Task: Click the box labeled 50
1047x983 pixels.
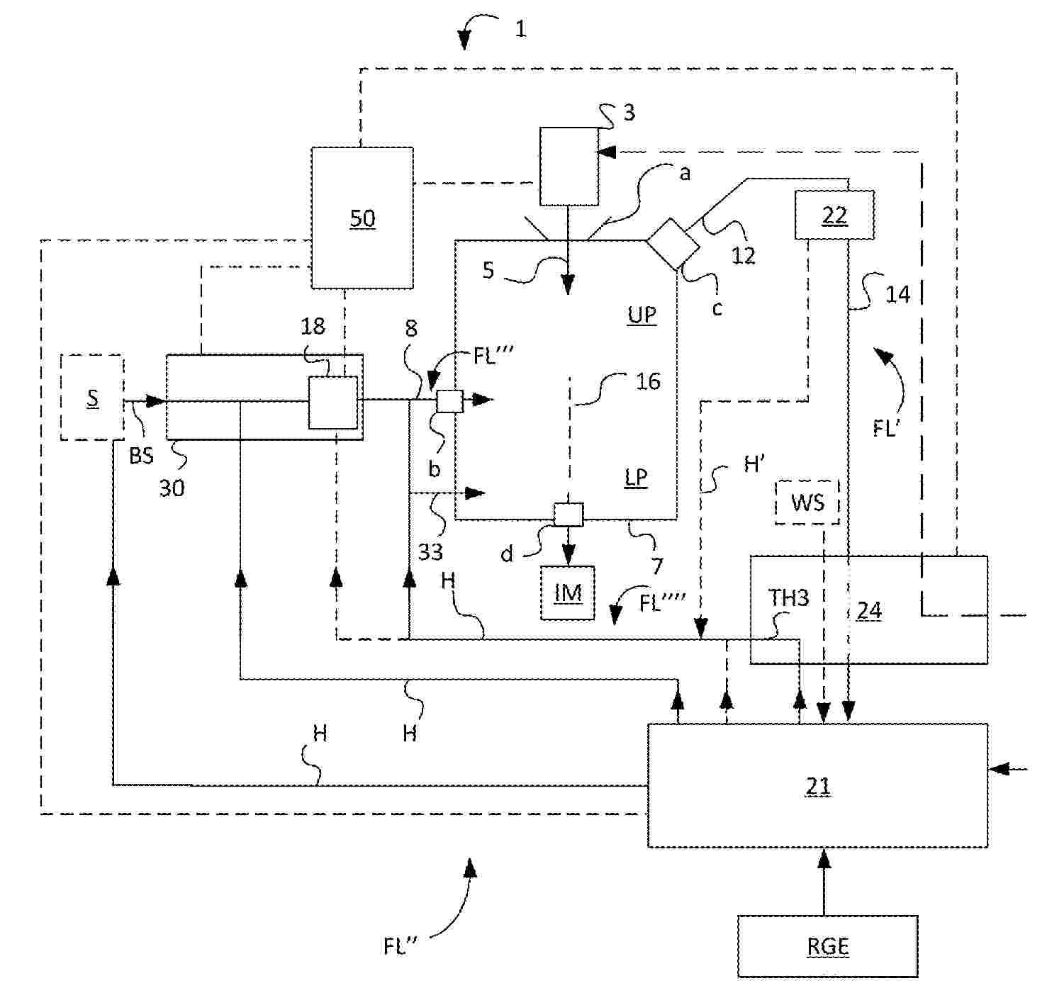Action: (x=362, y=218)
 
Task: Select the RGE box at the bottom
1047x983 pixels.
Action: (x=827, y=946)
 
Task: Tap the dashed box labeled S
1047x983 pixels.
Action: (x=93, y=398)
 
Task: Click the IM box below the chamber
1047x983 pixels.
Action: (x=568, y=593)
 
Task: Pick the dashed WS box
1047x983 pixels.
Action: (x=807, y=502)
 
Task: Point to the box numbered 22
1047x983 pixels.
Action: (x=834, y=215)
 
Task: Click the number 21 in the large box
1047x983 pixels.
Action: (x=817, y=786)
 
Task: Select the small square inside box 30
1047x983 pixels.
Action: (x=333, y=403)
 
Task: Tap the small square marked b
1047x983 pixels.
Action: (x=449, y=401)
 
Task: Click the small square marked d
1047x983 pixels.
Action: (x=569, y=515)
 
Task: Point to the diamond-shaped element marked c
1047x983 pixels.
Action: (x=673, y=245)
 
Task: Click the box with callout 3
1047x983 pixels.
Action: (x=569, y=167)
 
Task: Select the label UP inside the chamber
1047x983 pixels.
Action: (x=642, y=315)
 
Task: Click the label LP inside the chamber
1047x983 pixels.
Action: (x=636, y=478)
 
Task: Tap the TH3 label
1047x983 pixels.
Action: (x=788, y=598)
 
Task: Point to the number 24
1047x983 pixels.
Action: (x=869, y=611)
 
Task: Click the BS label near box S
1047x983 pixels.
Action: (x=141, y=456)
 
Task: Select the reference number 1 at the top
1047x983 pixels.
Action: (x=521, y=29)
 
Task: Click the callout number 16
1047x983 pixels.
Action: (x=648, y=381)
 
